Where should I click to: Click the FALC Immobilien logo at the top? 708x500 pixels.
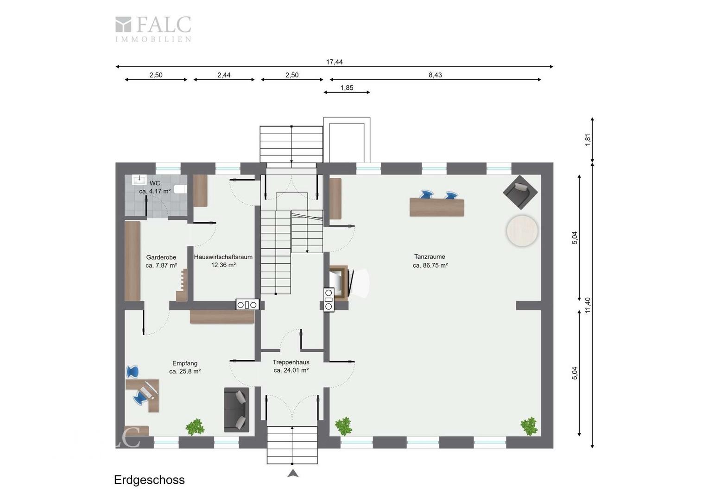[x=153, y=29]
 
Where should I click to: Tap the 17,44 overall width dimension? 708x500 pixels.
[x=334, y=62]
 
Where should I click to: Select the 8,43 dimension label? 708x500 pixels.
[x=435, y=75]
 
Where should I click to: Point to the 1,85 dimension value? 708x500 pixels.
[x=347, y=87]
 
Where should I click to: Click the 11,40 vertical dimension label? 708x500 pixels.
[x=587, y=305]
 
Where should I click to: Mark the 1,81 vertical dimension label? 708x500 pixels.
[x=587, y=140]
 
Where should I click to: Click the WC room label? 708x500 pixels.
[x=155, y=183]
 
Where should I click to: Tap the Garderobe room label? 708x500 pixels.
[x=161, y=257]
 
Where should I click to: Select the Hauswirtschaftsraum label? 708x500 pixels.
[x=223, y=257]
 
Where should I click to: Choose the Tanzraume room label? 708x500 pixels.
[x=430, y=257]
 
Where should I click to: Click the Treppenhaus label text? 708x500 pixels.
[x=291, y=362]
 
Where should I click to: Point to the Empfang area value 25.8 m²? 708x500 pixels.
[x=184, y=371]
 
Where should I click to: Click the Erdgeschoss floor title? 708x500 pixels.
[x=149, y=480]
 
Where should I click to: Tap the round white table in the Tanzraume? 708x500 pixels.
[x=522, y=231]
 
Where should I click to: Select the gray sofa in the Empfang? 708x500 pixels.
[x=236, y=410]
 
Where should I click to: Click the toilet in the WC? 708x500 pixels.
[x=181, y=189]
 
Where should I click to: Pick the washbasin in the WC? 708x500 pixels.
[x=139, y=180]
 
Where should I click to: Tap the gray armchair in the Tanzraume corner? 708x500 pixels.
[x=520, y=192]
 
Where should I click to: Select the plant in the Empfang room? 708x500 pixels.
[x=195, y=427]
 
